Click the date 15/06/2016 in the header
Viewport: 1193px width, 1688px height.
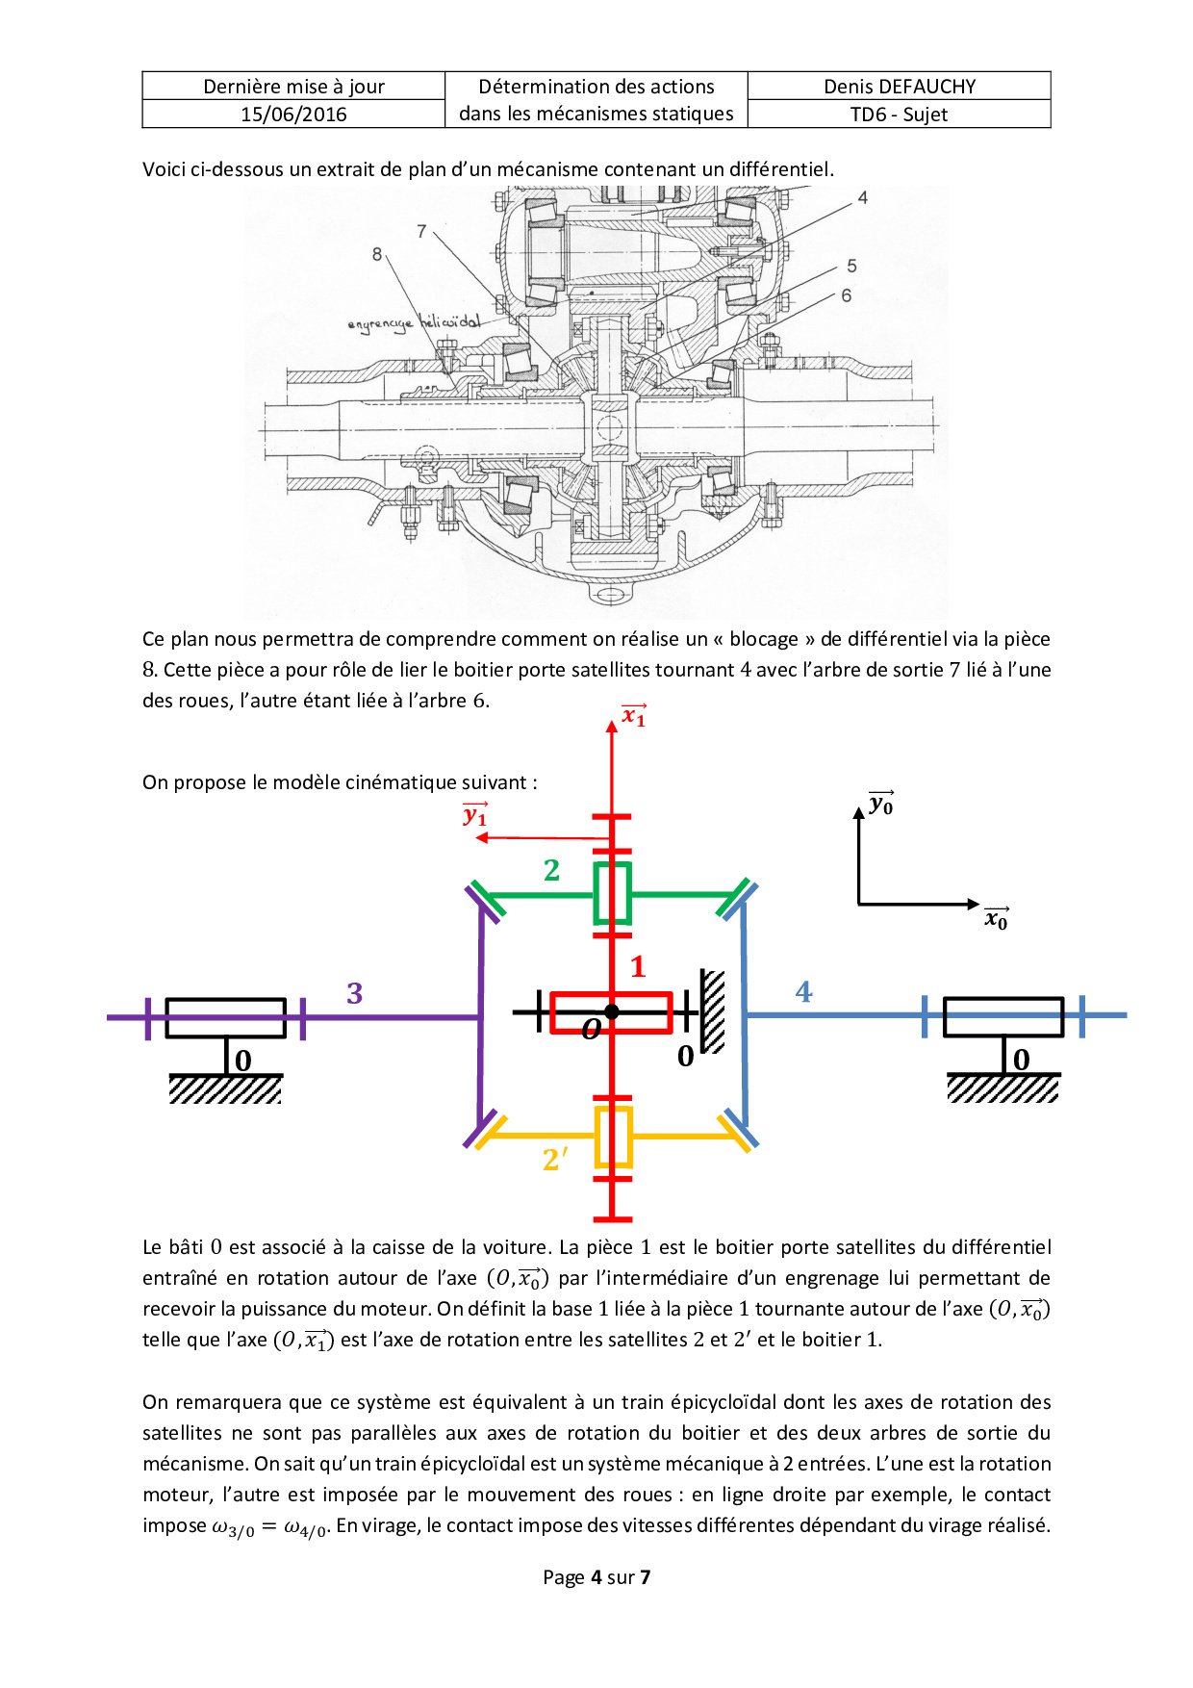coord(293,115)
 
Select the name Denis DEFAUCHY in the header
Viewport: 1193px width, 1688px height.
coord(900,87)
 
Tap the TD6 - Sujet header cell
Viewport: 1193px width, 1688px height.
coord(900,115)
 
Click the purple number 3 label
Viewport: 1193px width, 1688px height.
coord(355,993)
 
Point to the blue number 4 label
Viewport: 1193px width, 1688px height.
coord(804,992)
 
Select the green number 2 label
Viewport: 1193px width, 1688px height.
coord(551,870)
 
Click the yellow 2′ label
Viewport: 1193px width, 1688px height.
coord(555,1160)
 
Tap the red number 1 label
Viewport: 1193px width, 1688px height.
coord(637,966)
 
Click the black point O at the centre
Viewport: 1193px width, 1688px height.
coord(612,1011)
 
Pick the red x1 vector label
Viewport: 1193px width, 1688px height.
coord(634,715)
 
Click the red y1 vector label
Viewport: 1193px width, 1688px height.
coord(475,815)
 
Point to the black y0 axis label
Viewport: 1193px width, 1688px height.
coord(881,804)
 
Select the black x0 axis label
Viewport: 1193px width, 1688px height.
coord(997,918)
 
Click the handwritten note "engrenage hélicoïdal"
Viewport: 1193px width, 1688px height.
coord(414,323)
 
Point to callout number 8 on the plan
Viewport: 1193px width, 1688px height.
coord(377,254)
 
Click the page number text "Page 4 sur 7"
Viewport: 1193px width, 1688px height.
coord(596,1577)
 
